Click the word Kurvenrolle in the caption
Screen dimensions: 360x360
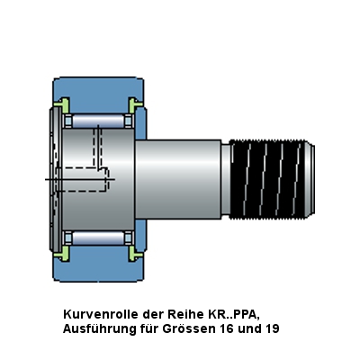point(101,314)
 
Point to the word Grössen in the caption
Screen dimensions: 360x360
point(189,328)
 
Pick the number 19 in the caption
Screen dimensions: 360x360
point(272,328)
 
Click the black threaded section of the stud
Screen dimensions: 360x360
point(267,179)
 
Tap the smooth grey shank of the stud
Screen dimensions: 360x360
point(178,179)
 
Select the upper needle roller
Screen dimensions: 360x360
point(98,121)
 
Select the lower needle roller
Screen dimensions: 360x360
point(98,238)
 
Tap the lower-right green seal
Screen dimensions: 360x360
point(134,254)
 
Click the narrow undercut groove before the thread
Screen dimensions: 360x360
point(226,179)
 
